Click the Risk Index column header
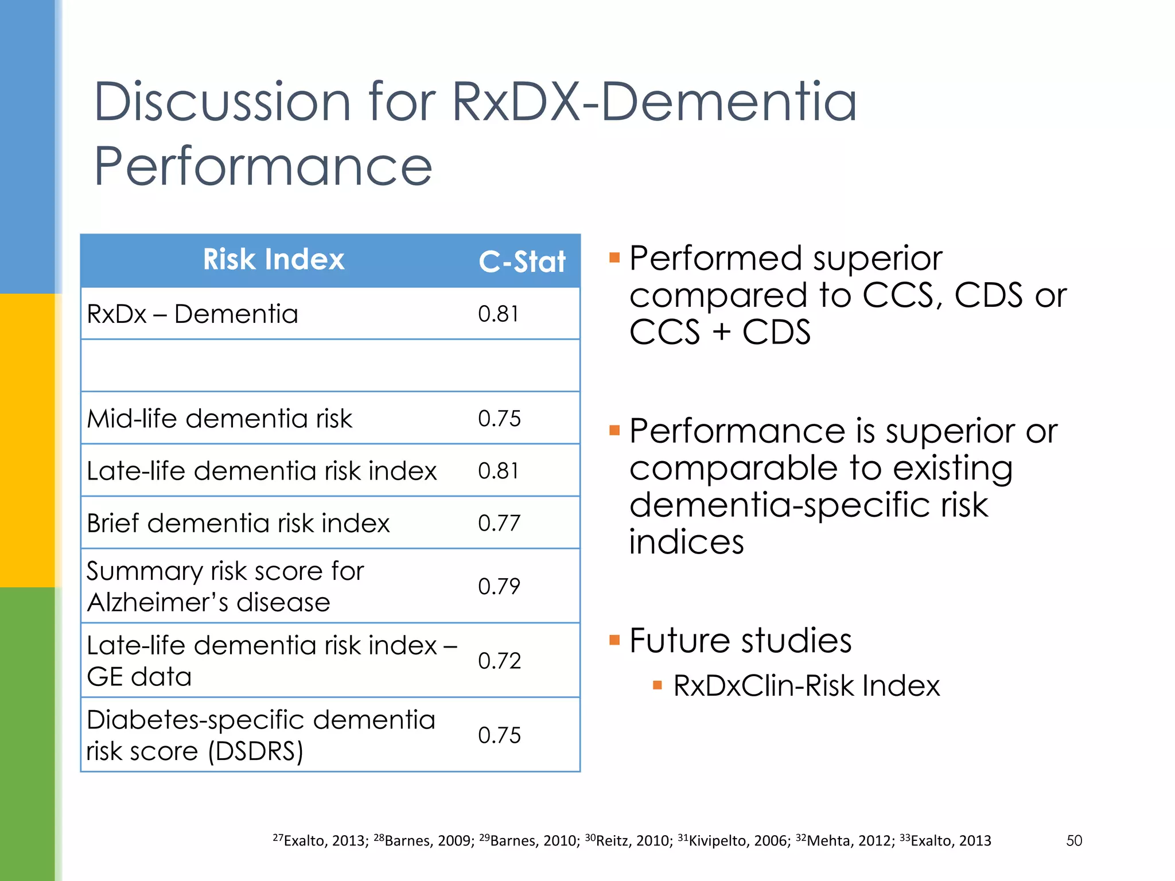274,259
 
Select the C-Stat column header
522,262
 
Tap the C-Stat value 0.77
499,523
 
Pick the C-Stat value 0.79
499,586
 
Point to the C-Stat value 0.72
499,661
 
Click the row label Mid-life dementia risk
219,419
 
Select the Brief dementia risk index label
238,523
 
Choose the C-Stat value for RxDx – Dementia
498,314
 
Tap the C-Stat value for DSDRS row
499,735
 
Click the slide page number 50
1074,841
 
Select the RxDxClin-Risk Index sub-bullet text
806,685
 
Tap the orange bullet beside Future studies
614,640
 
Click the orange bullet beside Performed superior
614,258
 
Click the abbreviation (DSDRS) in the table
255,751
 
